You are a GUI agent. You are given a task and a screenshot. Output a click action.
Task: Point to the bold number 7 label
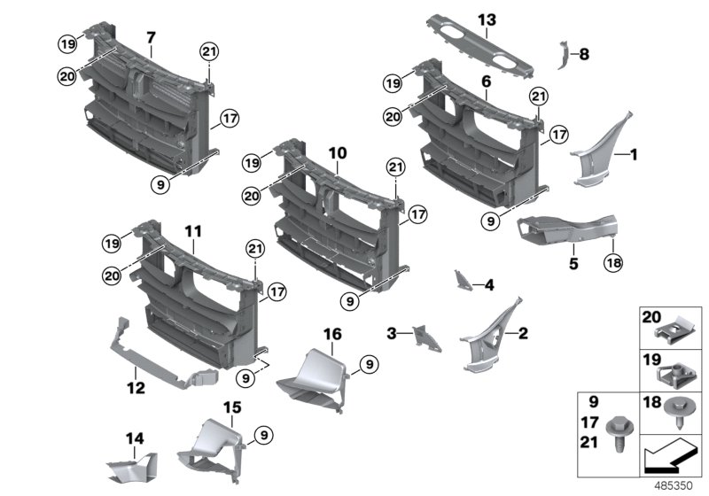coord(151,38)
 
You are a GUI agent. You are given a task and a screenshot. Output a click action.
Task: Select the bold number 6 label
coord(486,81)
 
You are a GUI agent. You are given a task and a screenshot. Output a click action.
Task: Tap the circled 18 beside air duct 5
coord(612,262)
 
